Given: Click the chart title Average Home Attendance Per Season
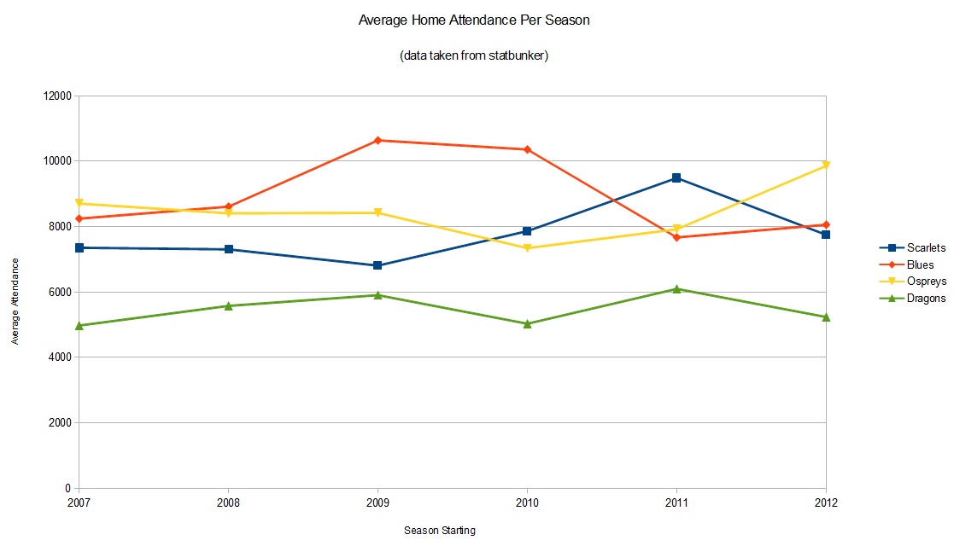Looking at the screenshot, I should pos(473,20).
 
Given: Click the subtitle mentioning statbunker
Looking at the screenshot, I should pos(473,56).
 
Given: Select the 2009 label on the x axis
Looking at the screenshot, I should pos(378,503).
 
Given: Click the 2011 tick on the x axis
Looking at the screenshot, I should pos(676,503).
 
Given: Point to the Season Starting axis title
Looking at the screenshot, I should pos(439,531).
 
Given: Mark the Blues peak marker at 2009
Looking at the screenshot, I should pos(378,140).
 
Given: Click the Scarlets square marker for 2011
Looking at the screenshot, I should pos(676,178).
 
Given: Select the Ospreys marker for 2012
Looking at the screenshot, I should pos(826,166).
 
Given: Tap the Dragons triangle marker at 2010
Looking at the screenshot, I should pos(527,323).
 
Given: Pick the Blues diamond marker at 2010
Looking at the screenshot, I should pos(527,149).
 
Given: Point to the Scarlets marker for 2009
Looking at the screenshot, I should pos(378,265).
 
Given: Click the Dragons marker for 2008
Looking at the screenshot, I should pos(228,305).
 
